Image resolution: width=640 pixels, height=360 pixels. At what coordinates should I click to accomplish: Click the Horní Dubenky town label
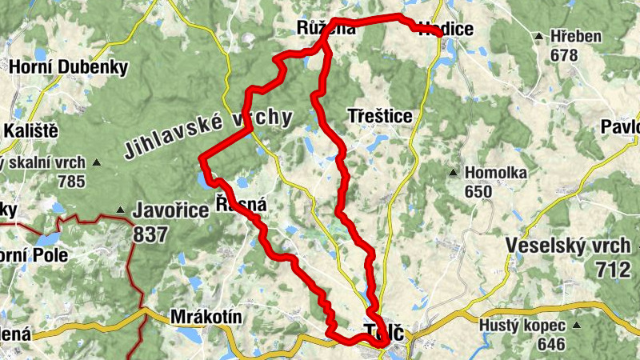tap(68, 67)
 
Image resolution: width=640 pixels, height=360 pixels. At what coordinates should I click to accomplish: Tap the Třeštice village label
tap(381, 117)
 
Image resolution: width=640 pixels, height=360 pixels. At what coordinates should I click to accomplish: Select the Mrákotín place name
tap(206, 318)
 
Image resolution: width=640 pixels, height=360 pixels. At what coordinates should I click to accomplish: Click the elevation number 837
tap(152, 234)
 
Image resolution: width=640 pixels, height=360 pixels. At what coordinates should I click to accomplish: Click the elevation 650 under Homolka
tap(478, 191)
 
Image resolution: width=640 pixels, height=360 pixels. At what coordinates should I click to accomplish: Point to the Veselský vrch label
tap(567, 246)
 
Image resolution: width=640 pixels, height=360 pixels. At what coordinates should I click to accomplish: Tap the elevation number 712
tap(612, 270)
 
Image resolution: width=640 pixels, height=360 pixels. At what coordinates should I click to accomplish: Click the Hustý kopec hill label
tap(522, 326)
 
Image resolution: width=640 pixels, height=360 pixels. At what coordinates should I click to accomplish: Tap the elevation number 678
tap(564, 55)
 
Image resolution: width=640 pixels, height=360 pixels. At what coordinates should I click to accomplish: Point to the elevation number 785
tap(71, 181)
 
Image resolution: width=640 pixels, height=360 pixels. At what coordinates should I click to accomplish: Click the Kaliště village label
tap(30, 130)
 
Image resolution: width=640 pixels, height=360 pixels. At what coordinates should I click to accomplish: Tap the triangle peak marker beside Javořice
tap(120, 211)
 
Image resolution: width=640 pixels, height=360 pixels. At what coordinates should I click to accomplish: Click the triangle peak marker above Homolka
tap(454, 173)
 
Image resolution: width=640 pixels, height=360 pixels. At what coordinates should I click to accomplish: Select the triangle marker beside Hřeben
tap(541, 37)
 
